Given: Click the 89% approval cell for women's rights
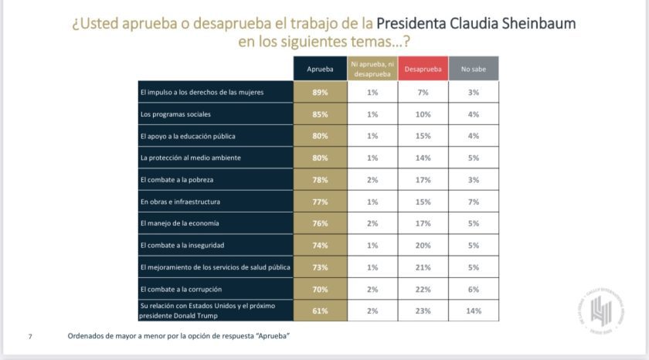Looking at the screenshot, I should (320, 92).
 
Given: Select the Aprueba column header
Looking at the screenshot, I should (320, 69).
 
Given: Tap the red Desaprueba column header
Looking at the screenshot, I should (423, 69).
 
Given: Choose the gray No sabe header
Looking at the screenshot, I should (473, 69).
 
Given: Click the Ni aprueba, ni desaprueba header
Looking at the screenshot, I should (372, 69).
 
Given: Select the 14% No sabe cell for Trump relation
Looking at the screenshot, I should (473, 311).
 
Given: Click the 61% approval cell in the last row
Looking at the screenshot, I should (320, 311).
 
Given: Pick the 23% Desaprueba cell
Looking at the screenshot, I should (423, 311).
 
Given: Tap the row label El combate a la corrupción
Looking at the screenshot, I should (182, 289).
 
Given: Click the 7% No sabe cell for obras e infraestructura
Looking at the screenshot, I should (473, 202).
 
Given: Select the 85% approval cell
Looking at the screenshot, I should (320, 114).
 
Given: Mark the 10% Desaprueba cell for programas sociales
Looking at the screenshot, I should (423, 114).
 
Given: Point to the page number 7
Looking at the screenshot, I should (30, 337).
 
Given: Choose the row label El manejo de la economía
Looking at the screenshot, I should (180, 223).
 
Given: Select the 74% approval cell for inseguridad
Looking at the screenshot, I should (320, 245).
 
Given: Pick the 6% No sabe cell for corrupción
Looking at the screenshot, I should (473, 289).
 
